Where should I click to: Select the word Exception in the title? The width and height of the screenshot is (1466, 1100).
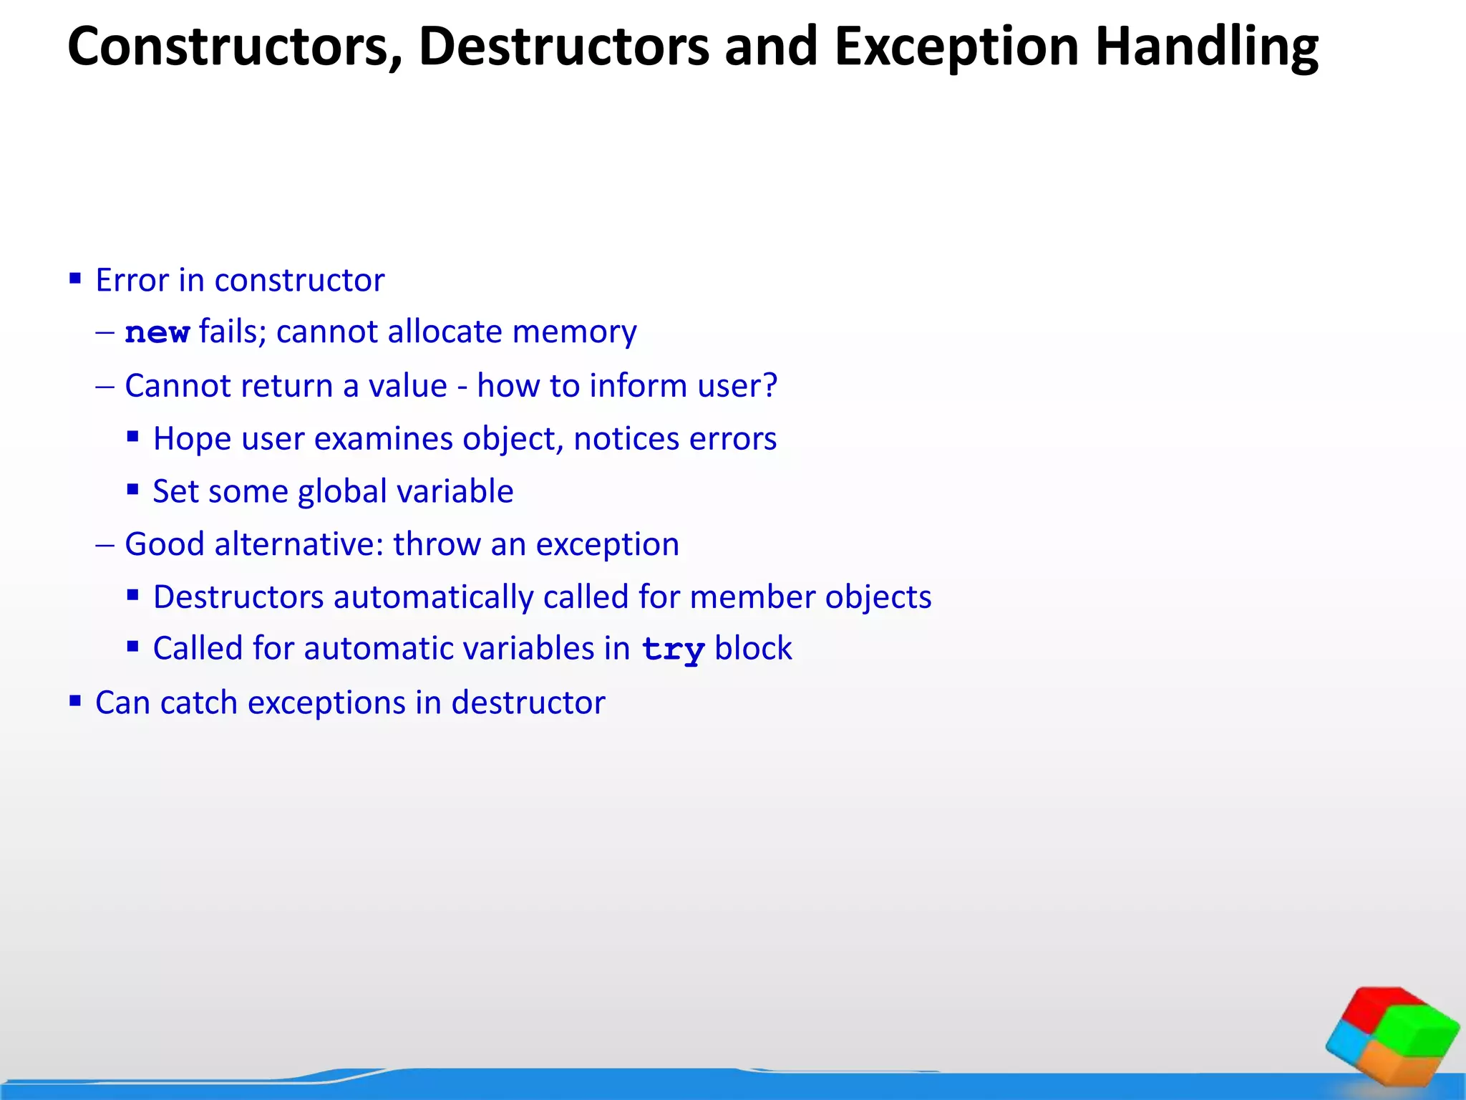956,47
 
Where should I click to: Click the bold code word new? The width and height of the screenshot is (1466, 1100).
157,333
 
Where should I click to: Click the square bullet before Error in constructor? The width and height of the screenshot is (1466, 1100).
75,278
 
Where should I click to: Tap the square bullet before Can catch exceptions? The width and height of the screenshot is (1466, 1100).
75,700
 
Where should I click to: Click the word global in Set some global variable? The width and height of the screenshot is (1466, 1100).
342,491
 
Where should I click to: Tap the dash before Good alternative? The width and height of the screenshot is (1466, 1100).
105,544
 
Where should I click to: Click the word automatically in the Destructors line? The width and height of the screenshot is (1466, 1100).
433,597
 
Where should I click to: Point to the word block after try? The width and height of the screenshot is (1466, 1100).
753,649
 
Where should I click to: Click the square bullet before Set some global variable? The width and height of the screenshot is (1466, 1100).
132,490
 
